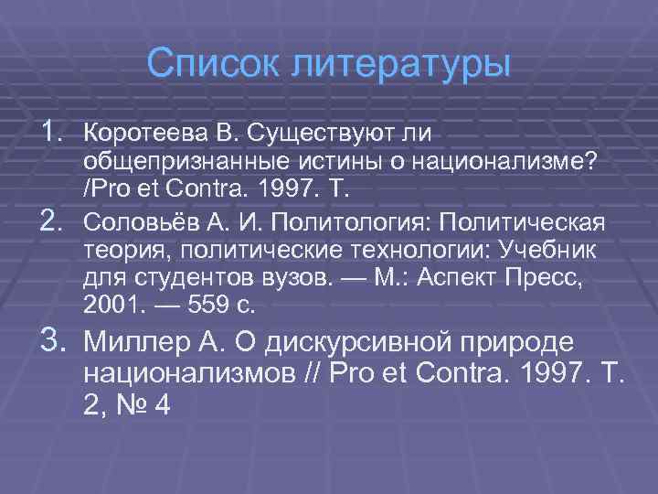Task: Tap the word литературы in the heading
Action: click(x=399, y=64)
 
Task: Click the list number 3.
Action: click(x=51, y=340)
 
